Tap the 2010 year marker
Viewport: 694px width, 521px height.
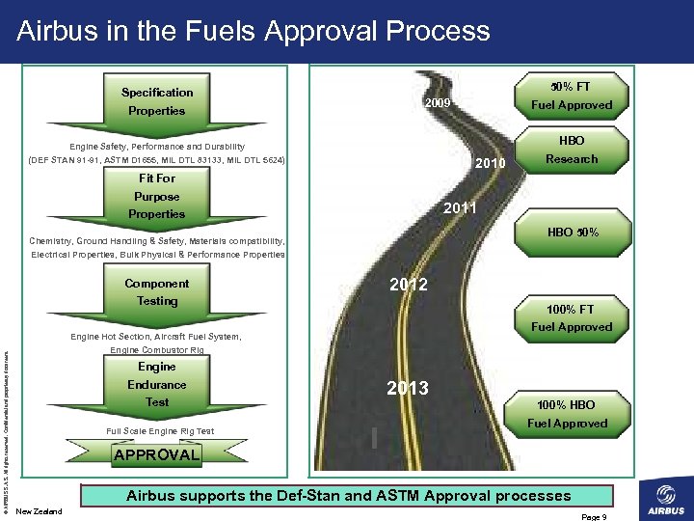click(491, 165)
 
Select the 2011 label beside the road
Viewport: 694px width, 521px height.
click(460, 208)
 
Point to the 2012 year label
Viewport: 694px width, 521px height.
click(409, 285)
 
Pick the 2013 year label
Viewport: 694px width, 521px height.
click(408, 388)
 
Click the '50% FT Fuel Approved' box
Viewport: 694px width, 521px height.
click(571, 96)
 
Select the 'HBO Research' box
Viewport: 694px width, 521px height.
click(571, 150)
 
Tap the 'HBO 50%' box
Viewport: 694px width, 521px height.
click(573, 232)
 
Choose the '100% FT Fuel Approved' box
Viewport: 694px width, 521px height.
click(571, 318)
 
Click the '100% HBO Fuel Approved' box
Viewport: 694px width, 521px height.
click(567, 414)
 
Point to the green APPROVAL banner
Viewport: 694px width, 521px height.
click(156, 454)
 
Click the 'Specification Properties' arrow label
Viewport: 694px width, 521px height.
click(157, 101)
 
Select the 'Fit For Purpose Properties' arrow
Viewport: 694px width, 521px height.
click(156, 196)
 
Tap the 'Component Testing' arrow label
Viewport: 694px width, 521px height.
click(157, 292)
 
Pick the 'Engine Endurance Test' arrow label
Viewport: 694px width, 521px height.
click(157, 384)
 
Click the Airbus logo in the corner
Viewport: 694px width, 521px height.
click(663, 499)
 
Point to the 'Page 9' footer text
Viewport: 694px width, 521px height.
click(593, 517)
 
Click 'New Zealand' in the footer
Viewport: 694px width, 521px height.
click(40, 511)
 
